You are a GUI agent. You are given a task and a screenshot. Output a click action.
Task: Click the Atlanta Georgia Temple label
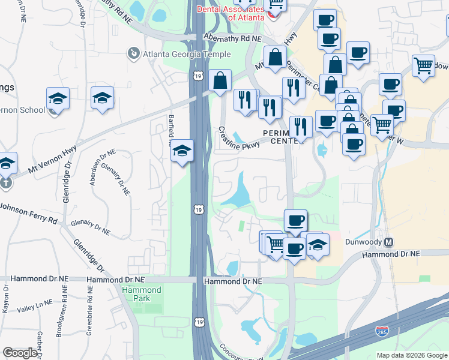tap(187, 54)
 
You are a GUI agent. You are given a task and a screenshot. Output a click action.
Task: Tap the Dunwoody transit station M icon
tap(388, 242)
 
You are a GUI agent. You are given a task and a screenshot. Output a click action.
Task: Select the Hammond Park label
tap(141, 295)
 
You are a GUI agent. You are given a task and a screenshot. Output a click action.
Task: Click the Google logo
tap(20, 353)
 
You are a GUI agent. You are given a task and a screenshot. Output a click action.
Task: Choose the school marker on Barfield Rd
tap(181, 150)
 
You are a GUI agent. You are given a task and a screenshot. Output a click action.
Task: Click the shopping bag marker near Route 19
tap(220, 81)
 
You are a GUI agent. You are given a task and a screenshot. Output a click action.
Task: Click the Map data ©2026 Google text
tap(412, 354)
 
